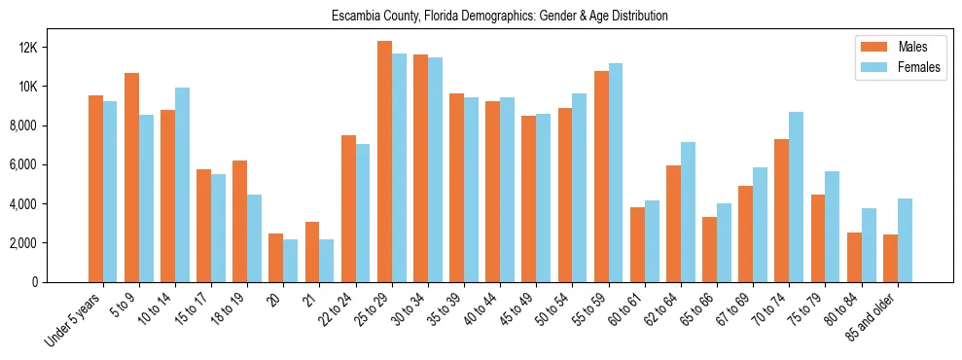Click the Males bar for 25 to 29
click(384, 162)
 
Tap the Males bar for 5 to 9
click(131, 177)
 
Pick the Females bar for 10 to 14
click(182, 185)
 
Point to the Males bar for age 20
click(276, 258)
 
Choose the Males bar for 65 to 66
click(709, 249)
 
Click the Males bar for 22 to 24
click(348, 208)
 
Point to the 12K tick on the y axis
click(53, 48)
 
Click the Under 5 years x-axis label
click(74, 320)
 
